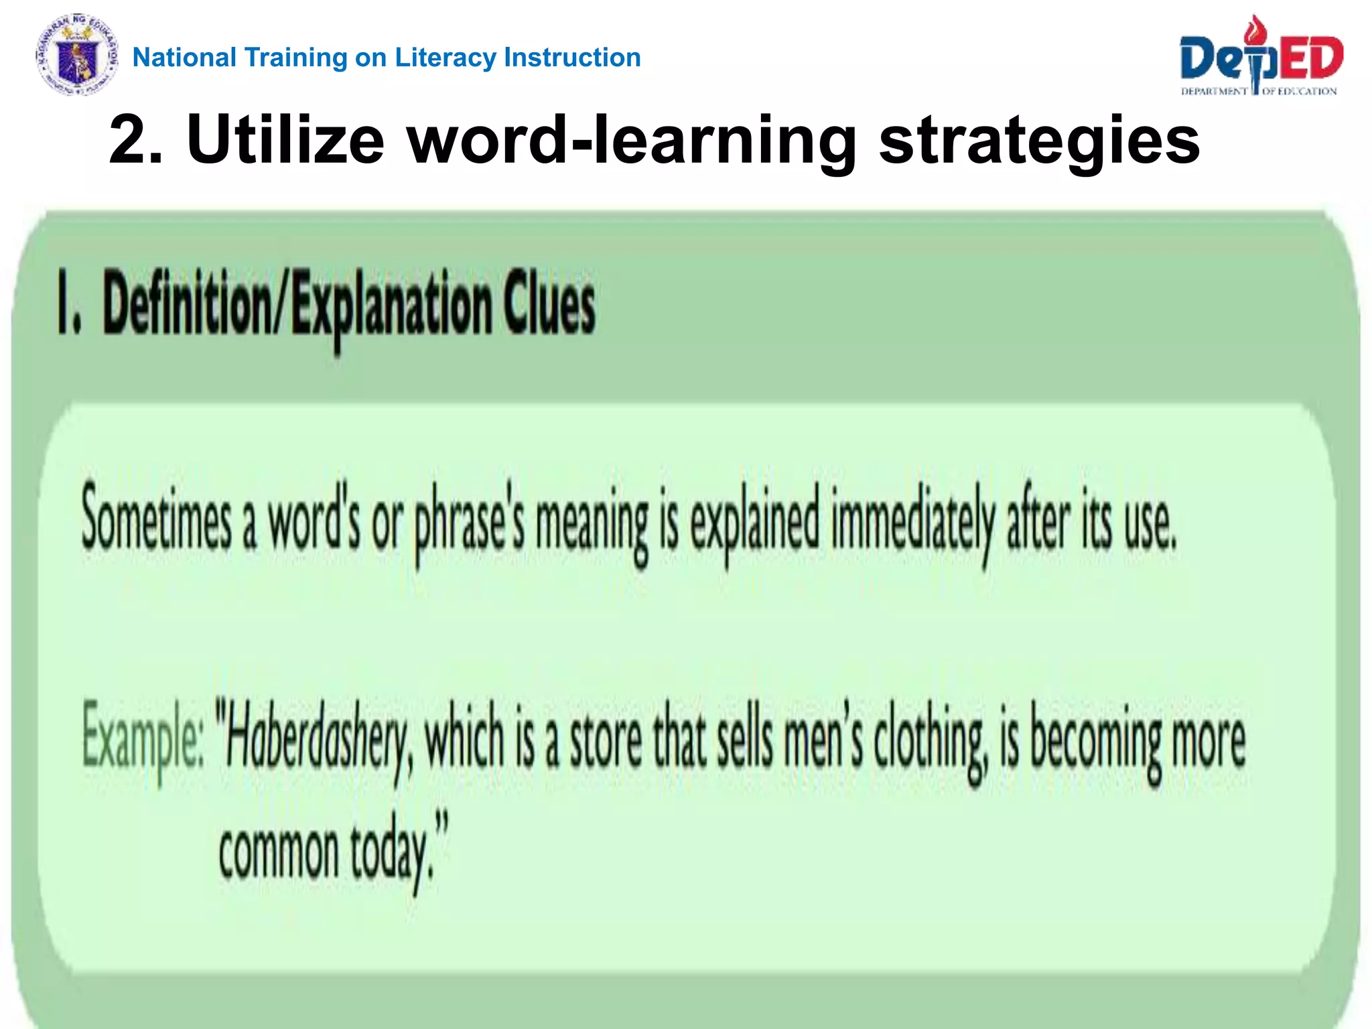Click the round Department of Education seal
tap(77, 55)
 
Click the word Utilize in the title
tap(285, 139)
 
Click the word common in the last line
tap(279, 852)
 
